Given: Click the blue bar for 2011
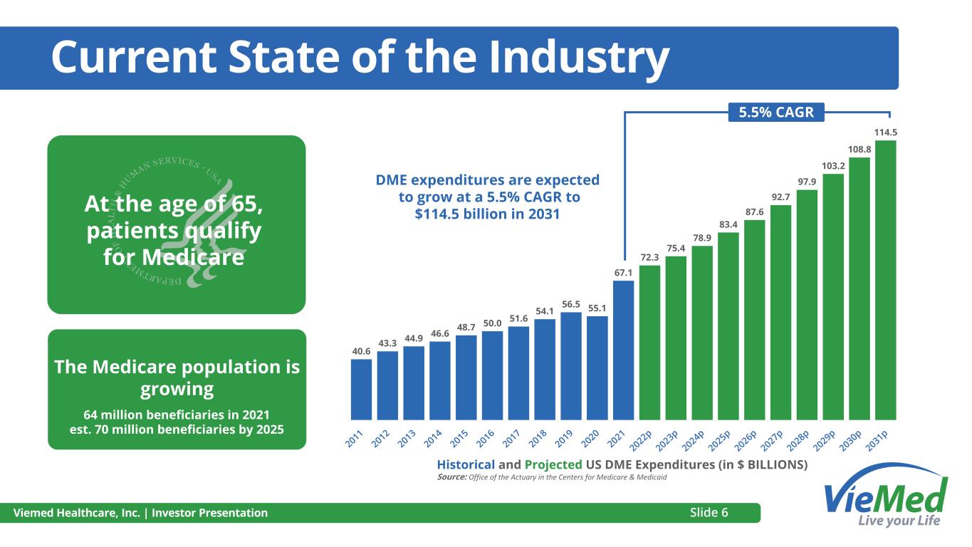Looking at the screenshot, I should tap(361, 389).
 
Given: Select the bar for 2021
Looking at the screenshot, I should tap(623, 350).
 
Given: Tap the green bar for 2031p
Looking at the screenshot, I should tap(885, 280).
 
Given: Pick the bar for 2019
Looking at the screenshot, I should tap(570, 365).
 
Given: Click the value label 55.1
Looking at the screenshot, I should tap(597, 308).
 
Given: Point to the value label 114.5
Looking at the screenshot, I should tap(885, 132).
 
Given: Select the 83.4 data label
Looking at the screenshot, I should tap(728, 225).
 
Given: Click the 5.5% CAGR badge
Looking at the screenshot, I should tap(775, 113).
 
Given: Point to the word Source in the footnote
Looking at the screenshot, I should tap(451, 477).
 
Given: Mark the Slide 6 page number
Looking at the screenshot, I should tap(714, 512).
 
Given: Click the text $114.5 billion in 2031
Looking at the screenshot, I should tap(488, 214).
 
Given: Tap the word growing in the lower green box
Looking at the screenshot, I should tap(177, 389).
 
